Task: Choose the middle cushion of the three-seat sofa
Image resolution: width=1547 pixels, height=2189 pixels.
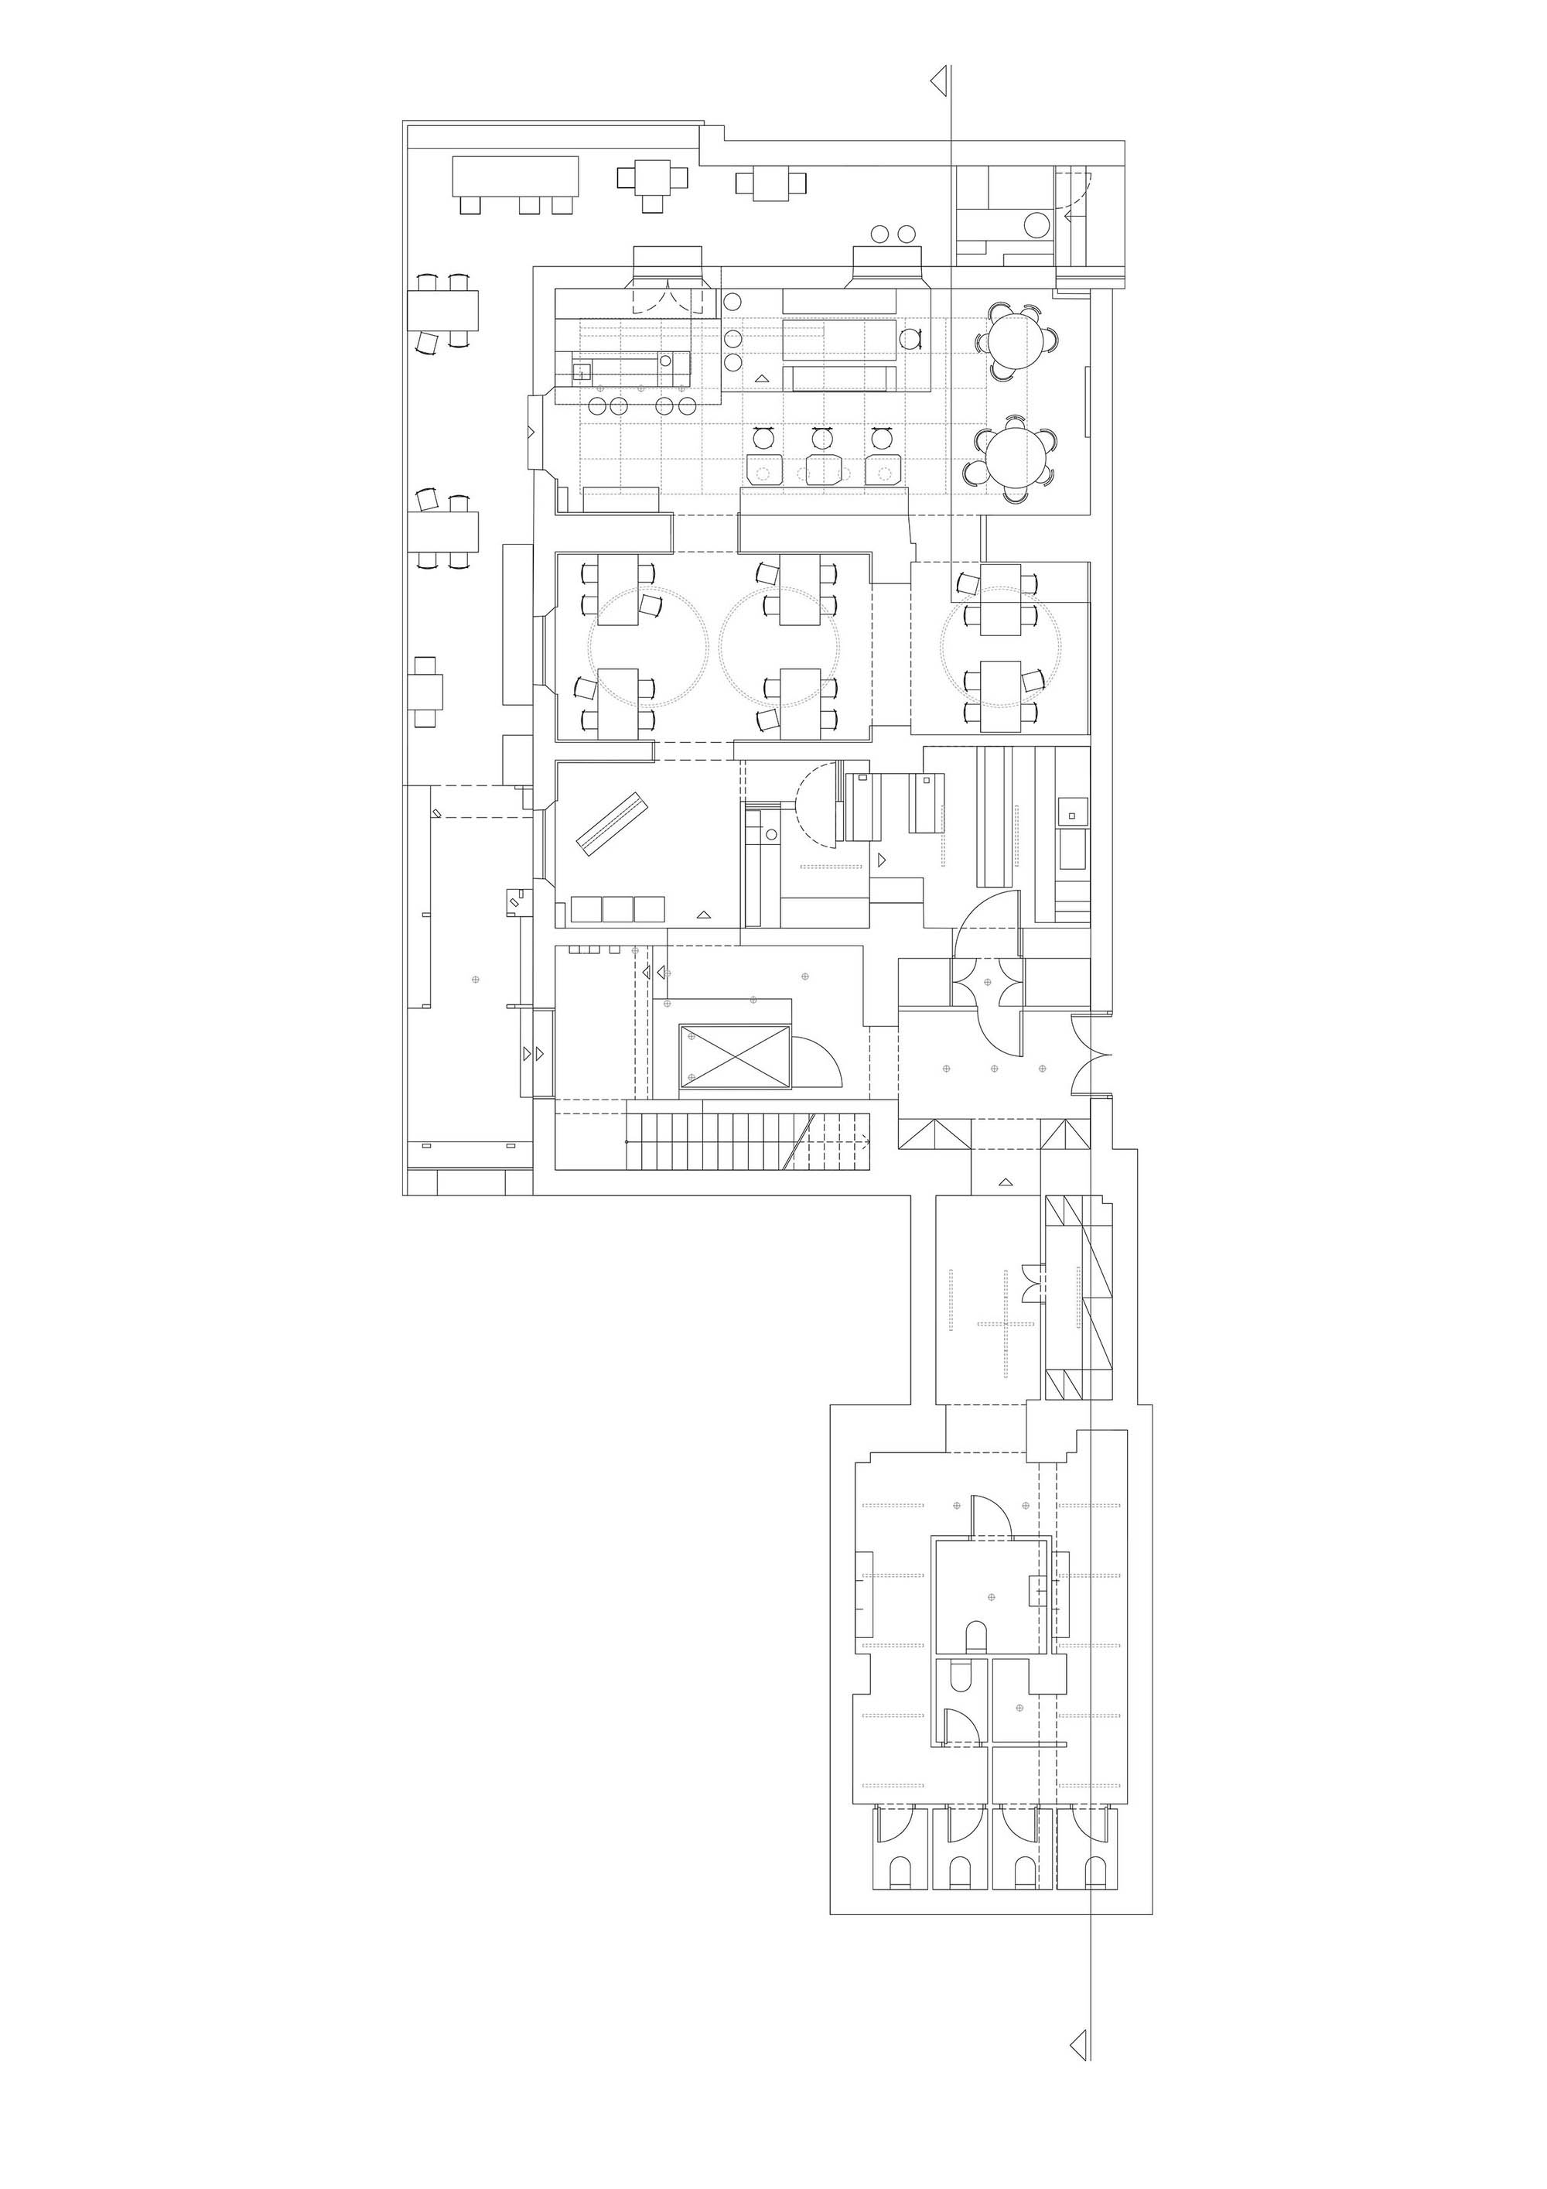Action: tap(618, 909)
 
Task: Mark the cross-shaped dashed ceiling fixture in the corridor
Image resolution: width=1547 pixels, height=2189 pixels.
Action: tap(1006, 1323)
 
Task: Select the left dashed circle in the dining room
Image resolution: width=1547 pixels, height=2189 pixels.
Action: tap(649, 645)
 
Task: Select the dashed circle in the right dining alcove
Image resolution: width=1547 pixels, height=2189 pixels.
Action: tap(1001, 645)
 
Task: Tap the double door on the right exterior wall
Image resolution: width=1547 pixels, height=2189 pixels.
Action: tap(1087, 1055)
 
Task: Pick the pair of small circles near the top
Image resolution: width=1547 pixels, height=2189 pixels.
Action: tap(892, 234)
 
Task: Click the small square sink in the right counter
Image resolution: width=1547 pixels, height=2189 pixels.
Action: tap(1071, 815)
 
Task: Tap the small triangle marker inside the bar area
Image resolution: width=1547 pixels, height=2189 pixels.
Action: tap(760, 379)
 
